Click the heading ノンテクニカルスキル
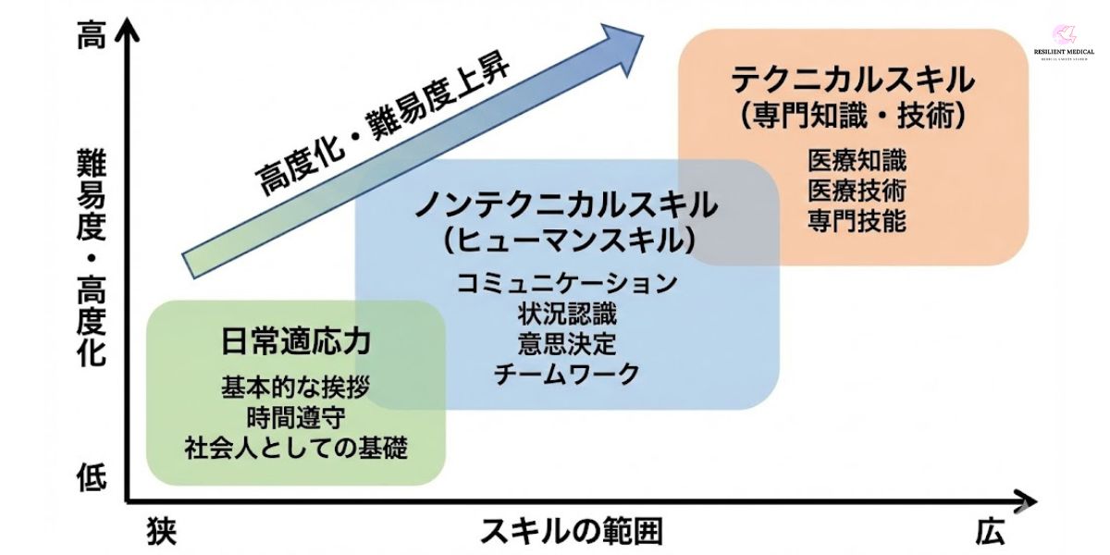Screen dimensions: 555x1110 tap(566, 203)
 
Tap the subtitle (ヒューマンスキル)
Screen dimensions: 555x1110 tap(567, 240)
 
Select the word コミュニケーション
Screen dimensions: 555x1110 tap(567, 283)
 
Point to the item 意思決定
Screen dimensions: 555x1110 tap(567, 344)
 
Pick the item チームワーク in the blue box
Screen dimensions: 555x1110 tap(567, 375)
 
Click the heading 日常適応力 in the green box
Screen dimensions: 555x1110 tap(296, 340)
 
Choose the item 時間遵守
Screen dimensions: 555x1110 tap(296, 417)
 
